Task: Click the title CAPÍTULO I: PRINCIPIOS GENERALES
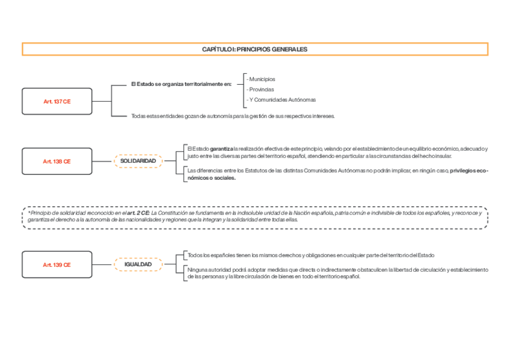click(254, 49)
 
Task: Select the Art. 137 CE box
click(57, 102)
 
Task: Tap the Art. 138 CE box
click(57, 161)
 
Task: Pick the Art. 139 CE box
click(57, 264)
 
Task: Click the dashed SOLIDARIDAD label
click(138, 161)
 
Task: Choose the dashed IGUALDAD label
click(138, 264)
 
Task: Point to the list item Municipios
click(262, 79)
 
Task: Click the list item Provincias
click(262, 90)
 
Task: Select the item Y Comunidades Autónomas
click(282, 100)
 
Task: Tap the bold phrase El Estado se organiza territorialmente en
click(181, 84)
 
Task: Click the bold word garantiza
click(221, 148)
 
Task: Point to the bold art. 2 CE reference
click(138, 213)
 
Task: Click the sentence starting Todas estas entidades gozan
click(233, 116)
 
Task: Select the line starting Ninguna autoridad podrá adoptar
click(337, 270)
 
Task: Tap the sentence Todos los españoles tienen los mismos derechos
click(310, 255)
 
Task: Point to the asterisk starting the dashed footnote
click(28, 213)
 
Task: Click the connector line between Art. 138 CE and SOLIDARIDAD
click(103, 161)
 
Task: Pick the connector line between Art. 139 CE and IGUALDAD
click(103, 264)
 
